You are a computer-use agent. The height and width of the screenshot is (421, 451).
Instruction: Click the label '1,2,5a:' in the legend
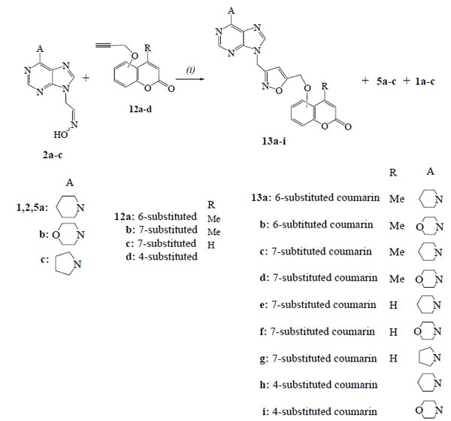tap(31, 206)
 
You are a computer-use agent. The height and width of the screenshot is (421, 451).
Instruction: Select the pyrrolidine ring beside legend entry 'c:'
tap(62, 261)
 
